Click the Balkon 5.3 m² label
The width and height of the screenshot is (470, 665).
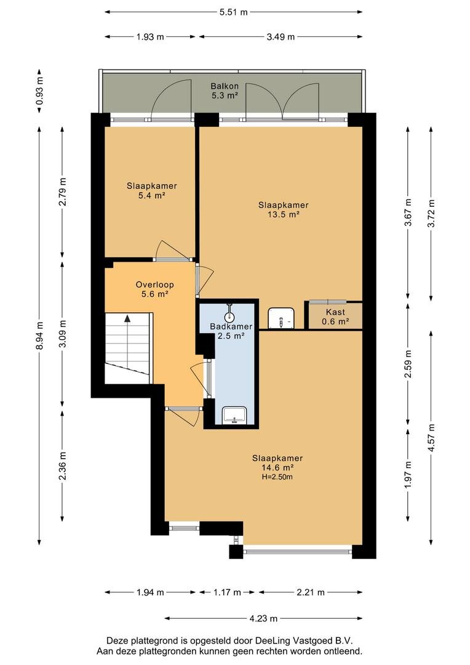pos(225,91)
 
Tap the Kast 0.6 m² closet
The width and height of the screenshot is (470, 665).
pos(335,316)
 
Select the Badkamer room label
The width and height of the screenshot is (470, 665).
pos(231,326)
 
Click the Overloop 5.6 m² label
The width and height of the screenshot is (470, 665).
pos(154,289)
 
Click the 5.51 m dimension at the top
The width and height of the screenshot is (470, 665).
pos(234,12)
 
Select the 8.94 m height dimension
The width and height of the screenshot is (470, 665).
pos(40,334)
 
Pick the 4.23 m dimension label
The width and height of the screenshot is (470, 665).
pos(263,618)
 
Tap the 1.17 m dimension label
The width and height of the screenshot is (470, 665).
pos(227,592)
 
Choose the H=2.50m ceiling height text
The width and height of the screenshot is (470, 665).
pos(277,477)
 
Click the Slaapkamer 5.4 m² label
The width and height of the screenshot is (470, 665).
pos(152,190)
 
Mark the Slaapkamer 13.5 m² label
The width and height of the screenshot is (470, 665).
pos(284,209)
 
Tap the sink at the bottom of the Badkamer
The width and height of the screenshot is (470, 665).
pos(235,415)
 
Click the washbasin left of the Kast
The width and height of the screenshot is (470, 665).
pos(281,318)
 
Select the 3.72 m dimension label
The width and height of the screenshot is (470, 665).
pos(431,213)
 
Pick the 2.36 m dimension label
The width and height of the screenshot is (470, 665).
pos(63,465)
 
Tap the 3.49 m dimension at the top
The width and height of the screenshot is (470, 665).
pos(281,37)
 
